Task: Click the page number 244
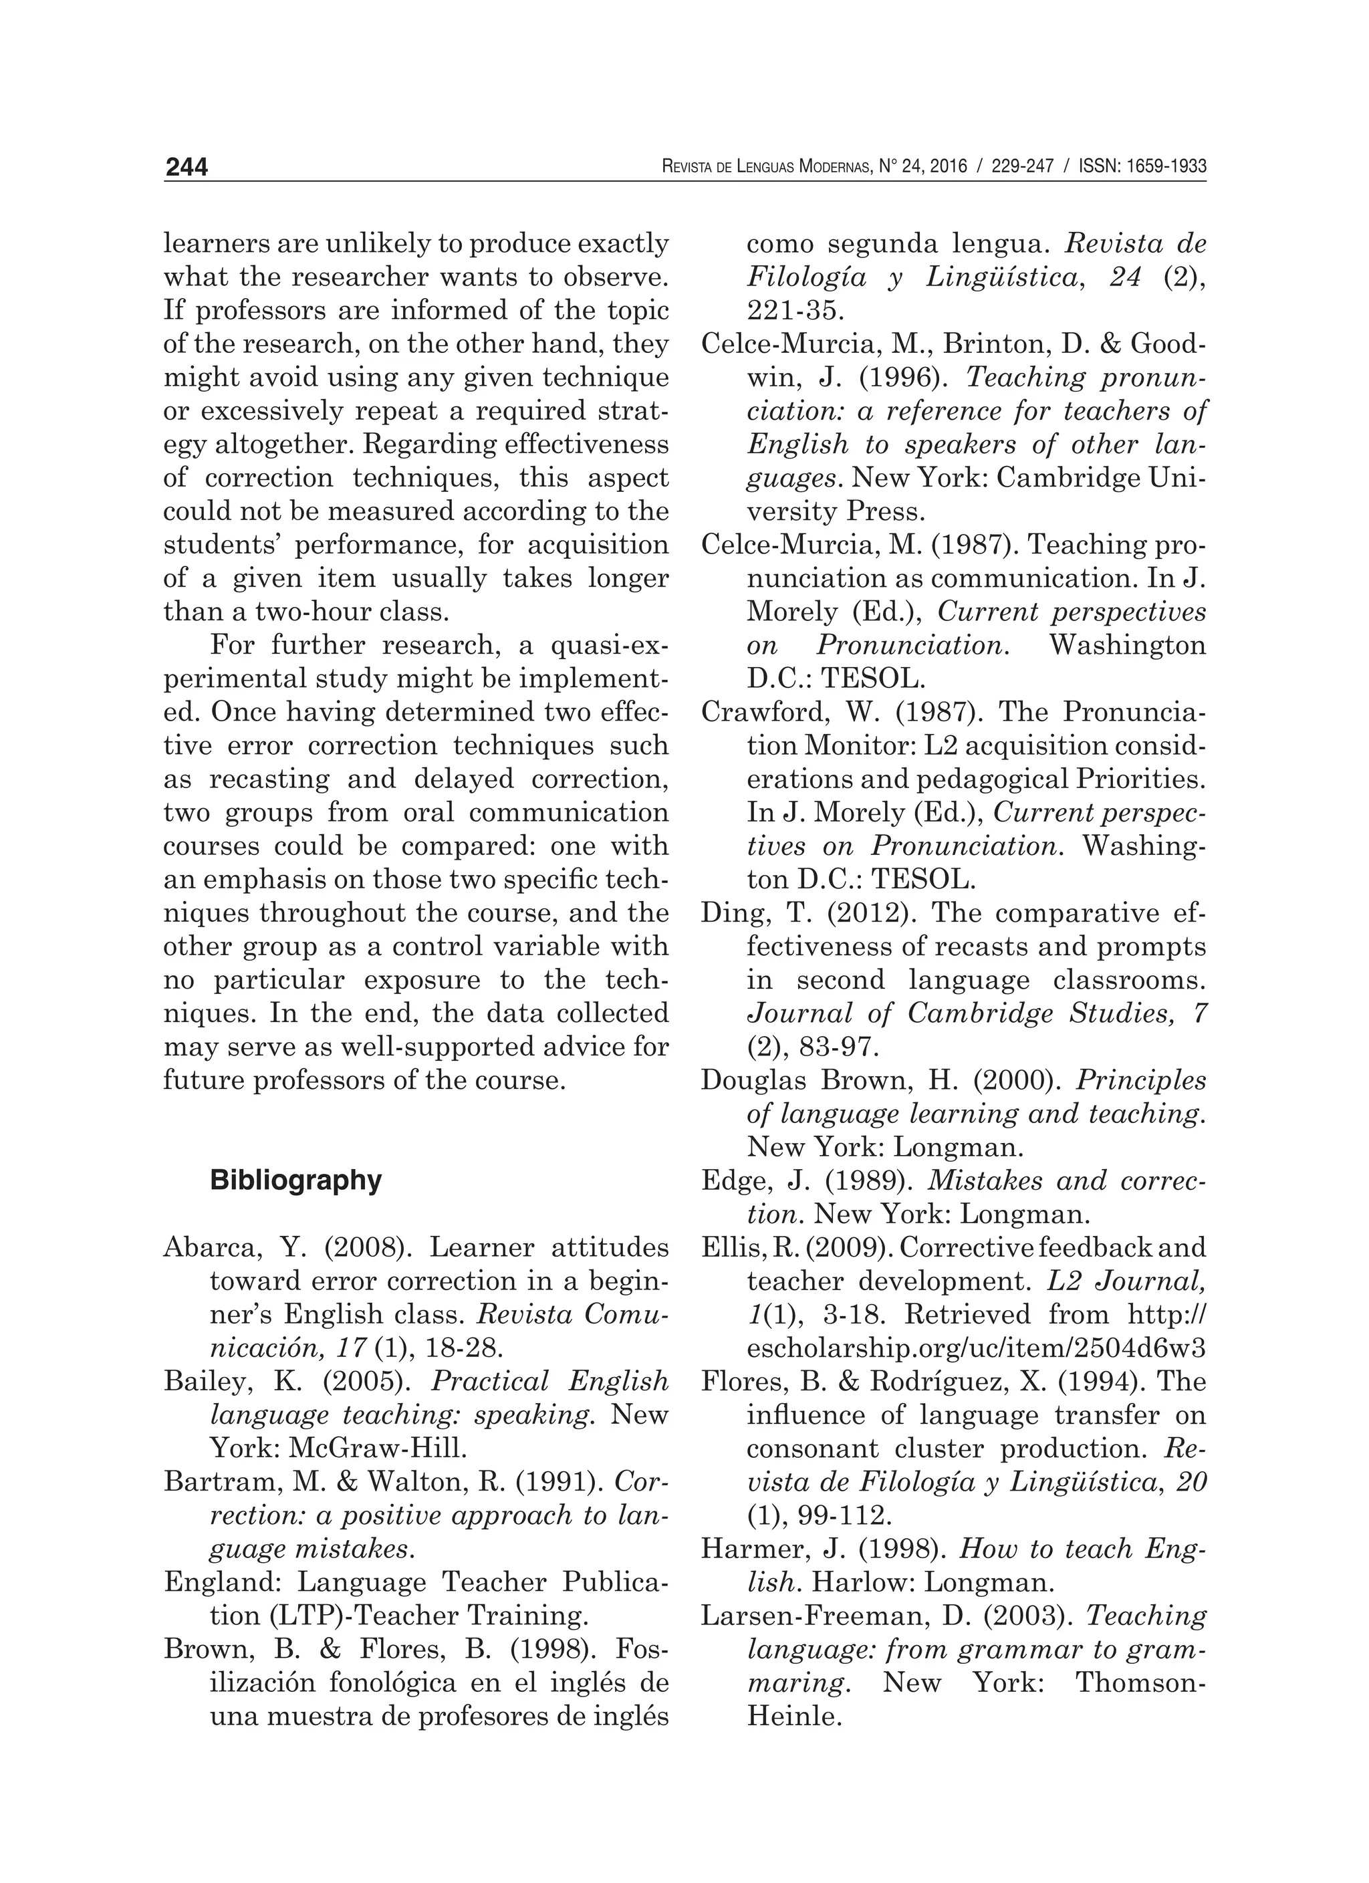tap(186, 168)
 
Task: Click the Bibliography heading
tap(295, 1180)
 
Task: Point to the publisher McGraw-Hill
tap(378, 1448)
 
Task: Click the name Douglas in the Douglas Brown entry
tap(752, 1080)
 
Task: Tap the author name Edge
tap(731, 1180)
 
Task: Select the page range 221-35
tap(795, 311)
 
